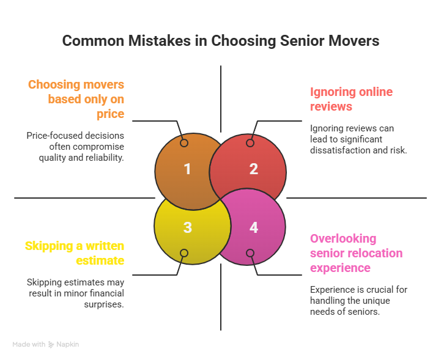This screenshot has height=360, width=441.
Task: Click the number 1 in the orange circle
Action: tap(188, 169)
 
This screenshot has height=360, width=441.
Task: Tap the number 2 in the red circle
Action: tap(254, 169)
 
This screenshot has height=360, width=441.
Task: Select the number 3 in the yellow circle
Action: tap(188, 227)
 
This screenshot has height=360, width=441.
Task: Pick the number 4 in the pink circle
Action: tap(254, 227)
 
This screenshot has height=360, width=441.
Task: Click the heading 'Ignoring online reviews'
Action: tap(351, 99)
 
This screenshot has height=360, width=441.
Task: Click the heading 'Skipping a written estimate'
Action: tap(75, 253)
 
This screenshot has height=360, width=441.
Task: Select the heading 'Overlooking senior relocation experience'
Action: tap(356, 253)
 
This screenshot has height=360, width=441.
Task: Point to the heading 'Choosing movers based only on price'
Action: tap(76, 99)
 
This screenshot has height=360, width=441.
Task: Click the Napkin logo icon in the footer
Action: tap(51, 345)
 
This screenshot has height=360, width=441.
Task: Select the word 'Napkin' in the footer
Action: tap(68, 345)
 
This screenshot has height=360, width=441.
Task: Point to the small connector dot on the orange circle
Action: tap(183, 143)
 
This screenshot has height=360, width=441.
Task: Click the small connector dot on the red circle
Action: tap(250, 143)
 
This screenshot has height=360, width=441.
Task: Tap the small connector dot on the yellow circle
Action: tap(183, 253)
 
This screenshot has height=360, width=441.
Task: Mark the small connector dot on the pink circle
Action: tap(250, 253)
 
